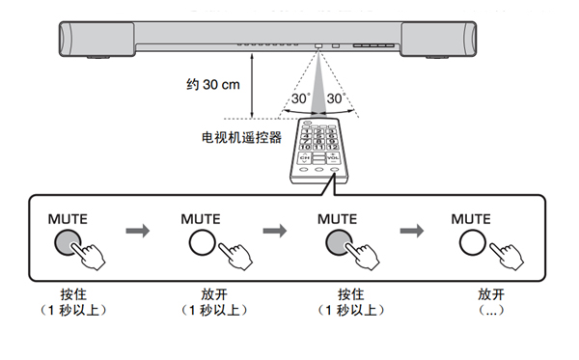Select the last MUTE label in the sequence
click(472, 219)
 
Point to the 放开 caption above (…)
click(491, 291)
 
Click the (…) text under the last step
click(491, 309)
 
